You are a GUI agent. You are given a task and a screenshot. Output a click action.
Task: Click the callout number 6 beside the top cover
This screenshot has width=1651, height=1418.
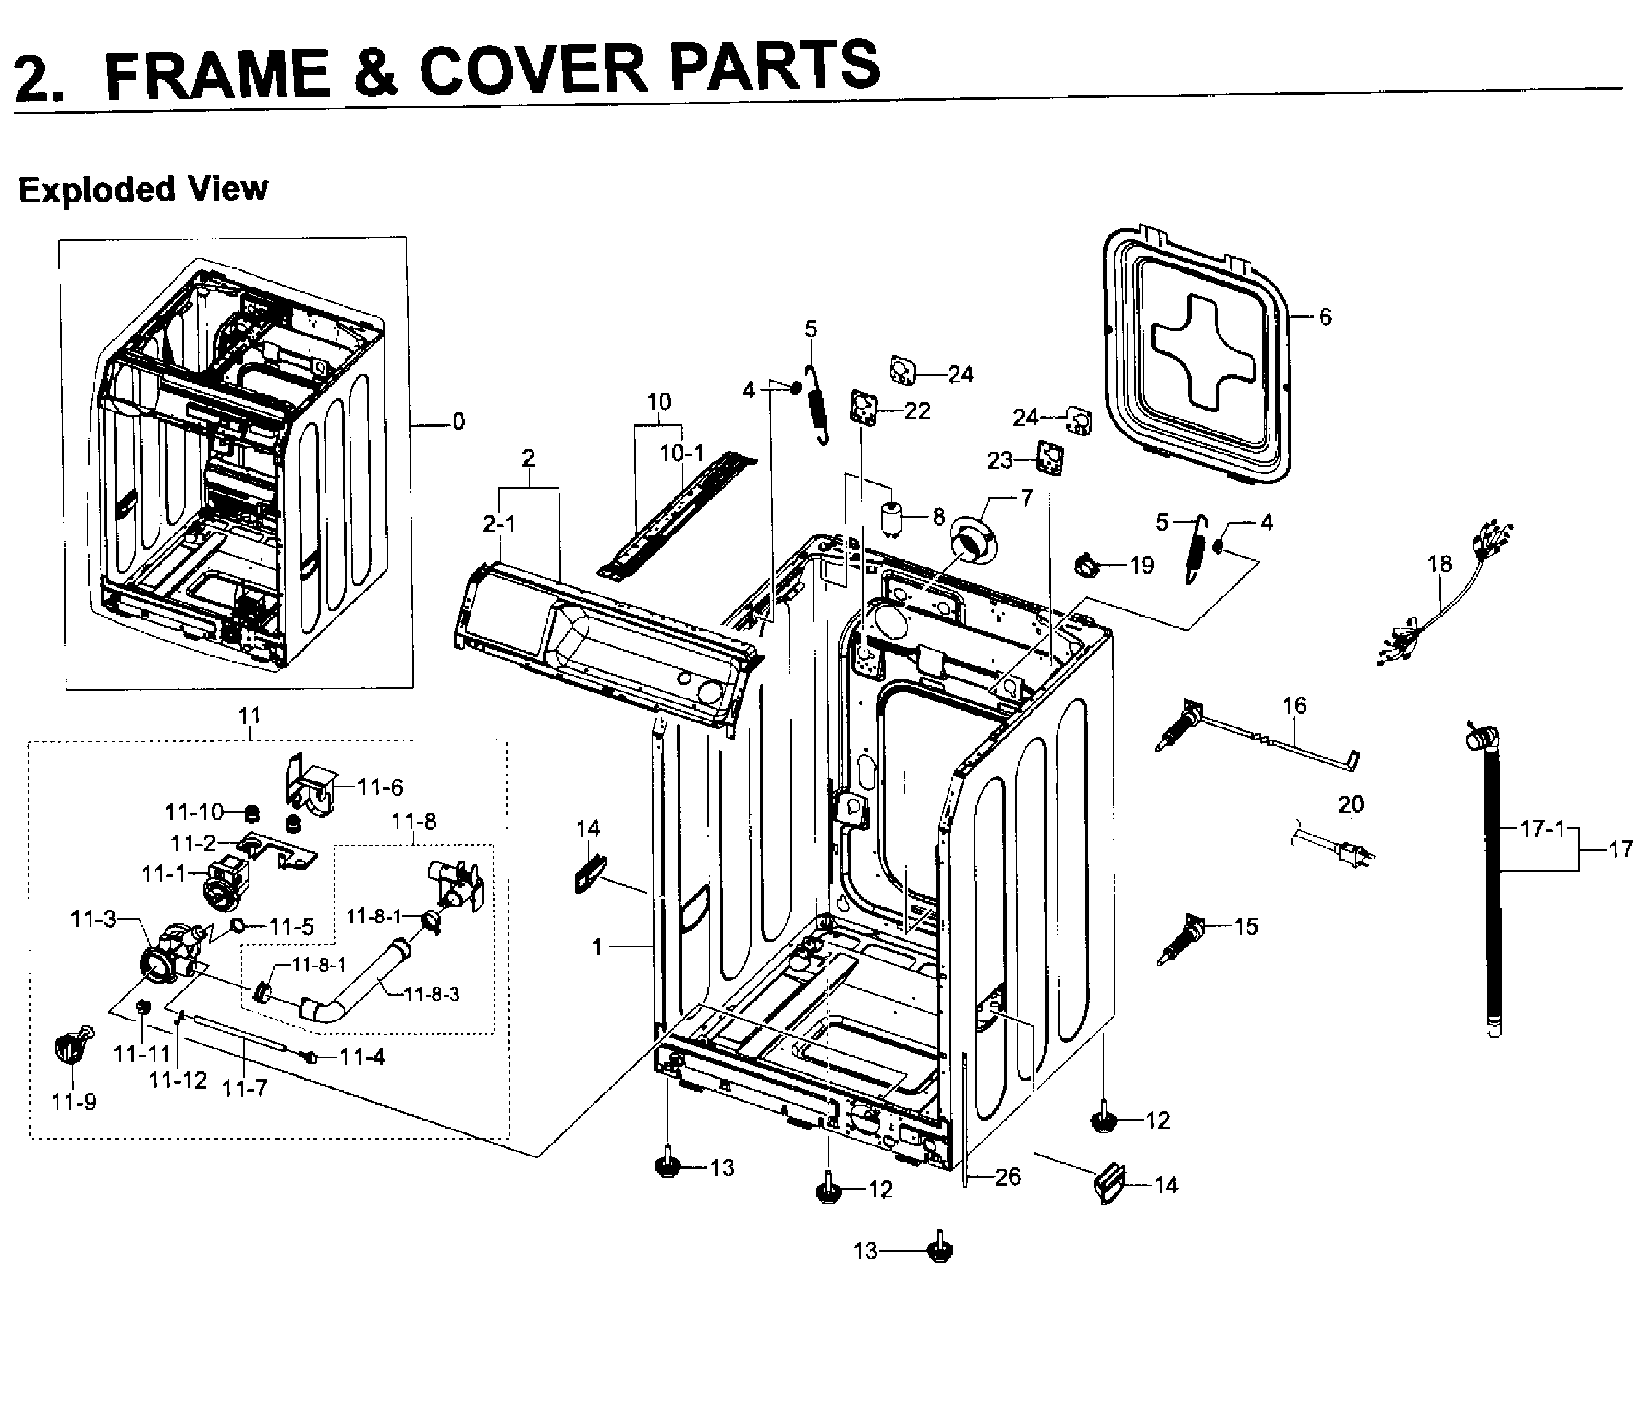point(1325,317)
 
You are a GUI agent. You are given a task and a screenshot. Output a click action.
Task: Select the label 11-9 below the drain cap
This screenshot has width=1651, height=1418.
point(73,1102)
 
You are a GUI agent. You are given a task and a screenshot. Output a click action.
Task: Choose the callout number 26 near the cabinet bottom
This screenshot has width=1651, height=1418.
point(1007,1177)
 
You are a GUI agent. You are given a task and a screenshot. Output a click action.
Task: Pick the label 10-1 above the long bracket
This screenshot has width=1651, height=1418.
point(681,453)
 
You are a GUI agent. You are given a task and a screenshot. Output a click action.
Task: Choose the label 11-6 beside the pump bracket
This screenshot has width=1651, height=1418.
point(380,787)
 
